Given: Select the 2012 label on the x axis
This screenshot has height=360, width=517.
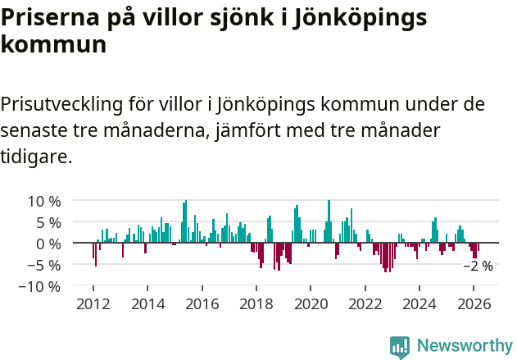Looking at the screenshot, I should tap(93, 303).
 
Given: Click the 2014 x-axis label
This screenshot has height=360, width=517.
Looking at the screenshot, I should tap(147, 303).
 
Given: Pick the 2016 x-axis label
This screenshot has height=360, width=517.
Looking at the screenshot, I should tap(202, 303).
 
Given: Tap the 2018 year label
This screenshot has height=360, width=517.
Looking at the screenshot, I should tap(256, 303).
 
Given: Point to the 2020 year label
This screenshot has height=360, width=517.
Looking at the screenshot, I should tap(311, 303).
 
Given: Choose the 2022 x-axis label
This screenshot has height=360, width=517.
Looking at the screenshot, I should tap(365, 303).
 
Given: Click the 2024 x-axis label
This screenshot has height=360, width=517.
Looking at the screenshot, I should tap(419, 303).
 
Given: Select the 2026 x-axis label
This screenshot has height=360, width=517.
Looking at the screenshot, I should tap(474, 303).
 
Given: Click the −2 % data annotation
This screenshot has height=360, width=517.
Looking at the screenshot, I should tap(478, 266).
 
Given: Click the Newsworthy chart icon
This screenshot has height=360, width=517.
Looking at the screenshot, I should tap(400, 346).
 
